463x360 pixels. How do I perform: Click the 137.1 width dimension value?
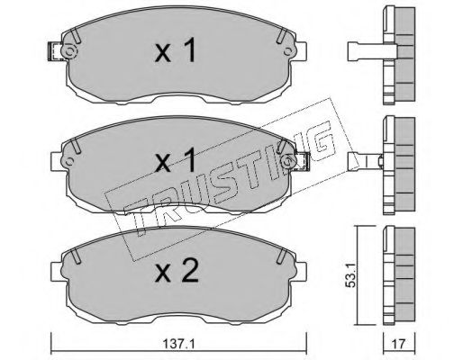pos(178,344)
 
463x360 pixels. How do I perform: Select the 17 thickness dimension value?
pos(399,344)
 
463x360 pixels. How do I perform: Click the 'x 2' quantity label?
pos(177,271)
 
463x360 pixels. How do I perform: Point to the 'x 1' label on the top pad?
pos(176,50)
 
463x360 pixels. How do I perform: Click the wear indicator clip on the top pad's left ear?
pos(55,51)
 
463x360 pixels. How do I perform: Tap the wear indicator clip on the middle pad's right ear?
pos(303,162)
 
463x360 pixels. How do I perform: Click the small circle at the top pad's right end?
pos(288,51)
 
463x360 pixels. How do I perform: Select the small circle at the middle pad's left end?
pos(69,162)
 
